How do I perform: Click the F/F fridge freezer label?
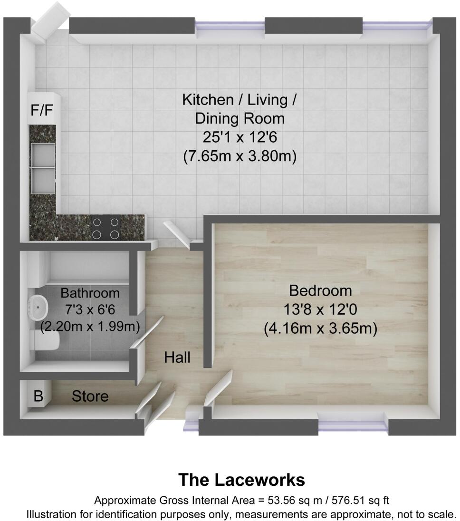tap(42, 110)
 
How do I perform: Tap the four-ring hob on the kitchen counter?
tap(105, 227)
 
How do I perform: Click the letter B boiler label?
tap(38, 396)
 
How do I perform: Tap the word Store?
tap(90, 396)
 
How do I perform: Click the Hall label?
tap(177, 357)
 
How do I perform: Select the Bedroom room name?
tap(320, 290)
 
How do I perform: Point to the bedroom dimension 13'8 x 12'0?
tap(320, 309)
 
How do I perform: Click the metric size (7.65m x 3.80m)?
tap(240, 157)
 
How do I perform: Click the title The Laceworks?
tap(241, 480)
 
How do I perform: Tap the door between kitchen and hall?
tap(177, 234)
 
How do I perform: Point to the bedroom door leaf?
tap(219, 387)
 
